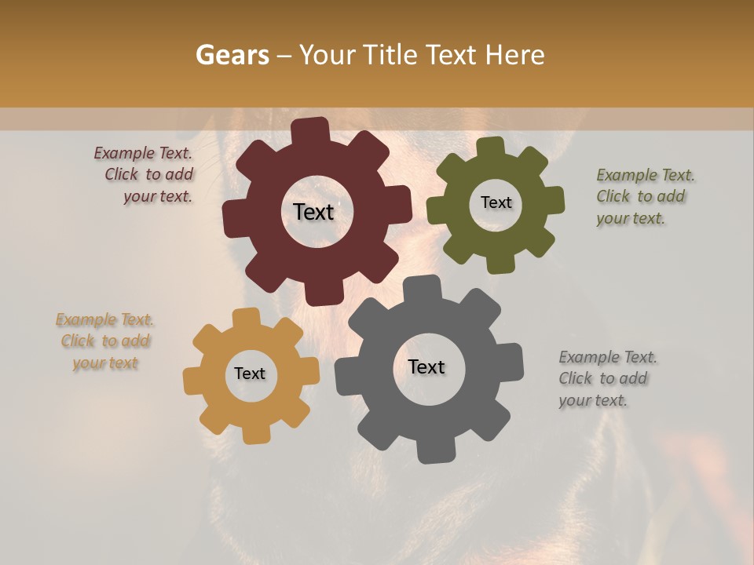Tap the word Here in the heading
[514, 55]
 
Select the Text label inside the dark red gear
[313, 211]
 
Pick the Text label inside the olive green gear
[496, 202]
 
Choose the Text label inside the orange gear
[250, 374]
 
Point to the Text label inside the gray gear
[426, 366]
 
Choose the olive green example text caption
[645, 197]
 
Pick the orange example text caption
[105, 341]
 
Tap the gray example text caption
[607, 379]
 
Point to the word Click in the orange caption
[78, 341]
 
